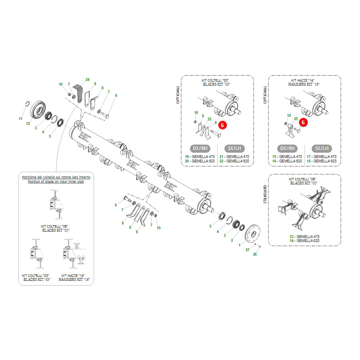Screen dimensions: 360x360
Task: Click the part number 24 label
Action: point(88,80)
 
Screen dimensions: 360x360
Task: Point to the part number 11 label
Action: point(20,119)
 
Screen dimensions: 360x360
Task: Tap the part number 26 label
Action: point(255,254)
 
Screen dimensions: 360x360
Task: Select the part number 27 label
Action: point(247,250)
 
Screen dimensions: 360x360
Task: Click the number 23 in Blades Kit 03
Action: point(209,119)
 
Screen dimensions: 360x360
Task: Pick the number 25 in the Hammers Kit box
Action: point(296,119)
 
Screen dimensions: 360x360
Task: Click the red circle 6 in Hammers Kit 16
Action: point(303,122)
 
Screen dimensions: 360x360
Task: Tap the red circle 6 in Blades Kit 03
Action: point(222,125)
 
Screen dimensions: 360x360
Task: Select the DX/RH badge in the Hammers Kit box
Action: point(287,148)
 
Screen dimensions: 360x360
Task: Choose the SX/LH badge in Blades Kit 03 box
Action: point(234,148)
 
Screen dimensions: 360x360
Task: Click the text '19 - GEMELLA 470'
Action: point(200,156)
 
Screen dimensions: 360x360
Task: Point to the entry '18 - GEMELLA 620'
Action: point(322,161)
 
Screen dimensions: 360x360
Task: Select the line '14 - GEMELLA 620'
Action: point(304,241)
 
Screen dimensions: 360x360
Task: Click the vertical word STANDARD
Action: point(265,194)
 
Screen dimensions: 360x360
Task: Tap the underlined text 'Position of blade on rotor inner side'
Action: point(56,182)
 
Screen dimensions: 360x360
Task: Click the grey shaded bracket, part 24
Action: point(78,93)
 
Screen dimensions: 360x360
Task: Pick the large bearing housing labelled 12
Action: point(38,110)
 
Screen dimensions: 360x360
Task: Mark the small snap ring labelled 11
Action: point(27,104)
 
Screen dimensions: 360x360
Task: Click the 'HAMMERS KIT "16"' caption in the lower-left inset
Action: point(74,280)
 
